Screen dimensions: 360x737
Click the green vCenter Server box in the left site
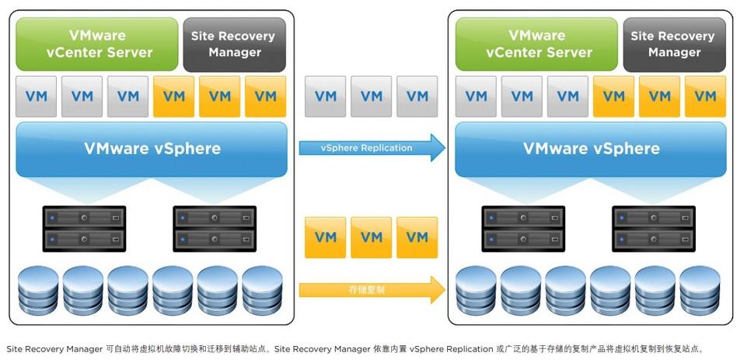(96, 44)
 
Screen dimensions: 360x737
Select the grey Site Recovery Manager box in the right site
(674, 44)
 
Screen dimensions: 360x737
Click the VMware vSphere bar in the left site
(152, 149)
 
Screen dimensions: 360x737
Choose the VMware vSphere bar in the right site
(591, 149)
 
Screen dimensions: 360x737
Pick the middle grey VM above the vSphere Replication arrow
(371, 96)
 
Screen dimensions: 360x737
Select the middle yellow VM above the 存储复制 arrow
(371, 237)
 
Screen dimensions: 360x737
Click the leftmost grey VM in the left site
(36, 96)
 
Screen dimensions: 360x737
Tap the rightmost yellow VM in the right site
(705, 96)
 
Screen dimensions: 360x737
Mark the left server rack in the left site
(84, 228)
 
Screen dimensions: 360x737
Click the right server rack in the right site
(653, 228)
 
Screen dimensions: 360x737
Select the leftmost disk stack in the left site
(37, 289)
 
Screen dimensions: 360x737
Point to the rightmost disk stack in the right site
(700, 289)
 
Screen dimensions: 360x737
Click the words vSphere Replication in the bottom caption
(451, 349)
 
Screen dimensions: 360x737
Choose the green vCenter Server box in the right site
(538, 44)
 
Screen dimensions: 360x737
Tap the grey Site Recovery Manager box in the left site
(234, 44)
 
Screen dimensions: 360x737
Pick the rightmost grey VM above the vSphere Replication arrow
(417, 96)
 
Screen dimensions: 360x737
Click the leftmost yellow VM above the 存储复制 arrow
(325, 237)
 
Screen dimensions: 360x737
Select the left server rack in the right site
(523, 228)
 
